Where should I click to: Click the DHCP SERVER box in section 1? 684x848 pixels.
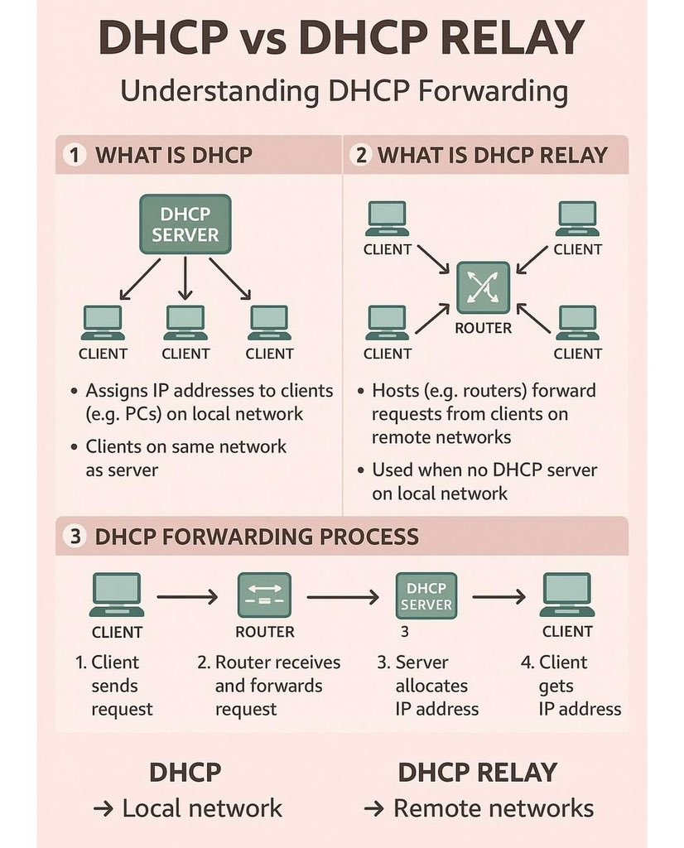(185, 224)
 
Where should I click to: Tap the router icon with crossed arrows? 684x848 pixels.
(484, 287)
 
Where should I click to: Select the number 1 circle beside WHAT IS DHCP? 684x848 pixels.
(75, 155)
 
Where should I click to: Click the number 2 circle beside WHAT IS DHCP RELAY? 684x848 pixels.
(360, 155)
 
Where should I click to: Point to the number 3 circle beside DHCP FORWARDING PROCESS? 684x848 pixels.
(75, 536)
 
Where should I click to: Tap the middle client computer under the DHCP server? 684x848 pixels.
(185, 322)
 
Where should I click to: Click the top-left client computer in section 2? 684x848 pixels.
(387, 219)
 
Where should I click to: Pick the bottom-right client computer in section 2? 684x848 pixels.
(577, 322)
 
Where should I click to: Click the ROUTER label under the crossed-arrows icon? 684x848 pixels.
(484, 328)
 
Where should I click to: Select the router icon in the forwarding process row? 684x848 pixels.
(264, 594)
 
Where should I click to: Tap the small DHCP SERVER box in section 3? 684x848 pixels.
(426, 595)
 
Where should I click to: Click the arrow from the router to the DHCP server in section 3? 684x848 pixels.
(343, 595)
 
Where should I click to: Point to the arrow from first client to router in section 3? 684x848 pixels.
(187, 595)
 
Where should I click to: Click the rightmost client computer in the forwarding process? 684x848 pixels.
(567, 595)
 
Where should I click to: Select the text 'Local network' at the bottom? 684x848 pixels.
(202, 808)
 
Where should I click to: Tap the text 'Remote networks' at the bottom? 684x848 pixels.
(494, 808)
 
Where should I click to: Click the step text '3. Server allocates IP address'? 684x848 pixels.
(428, 686)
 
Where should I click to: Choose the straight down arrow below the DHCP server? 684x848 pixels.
(185, 278)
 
